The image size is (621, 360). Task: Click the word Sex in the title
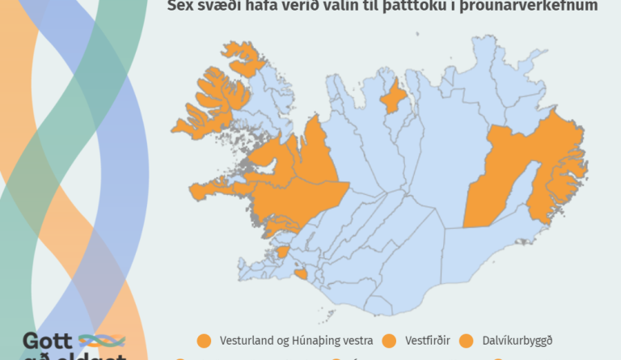[180, 6]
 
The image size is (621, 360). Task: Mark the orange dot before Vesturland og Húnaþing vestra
[203, 341]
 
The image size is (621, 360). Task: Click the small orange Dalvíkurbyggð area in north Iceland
[392, 98]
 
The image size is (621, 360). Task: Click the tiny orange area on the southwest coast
[301, 274]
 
